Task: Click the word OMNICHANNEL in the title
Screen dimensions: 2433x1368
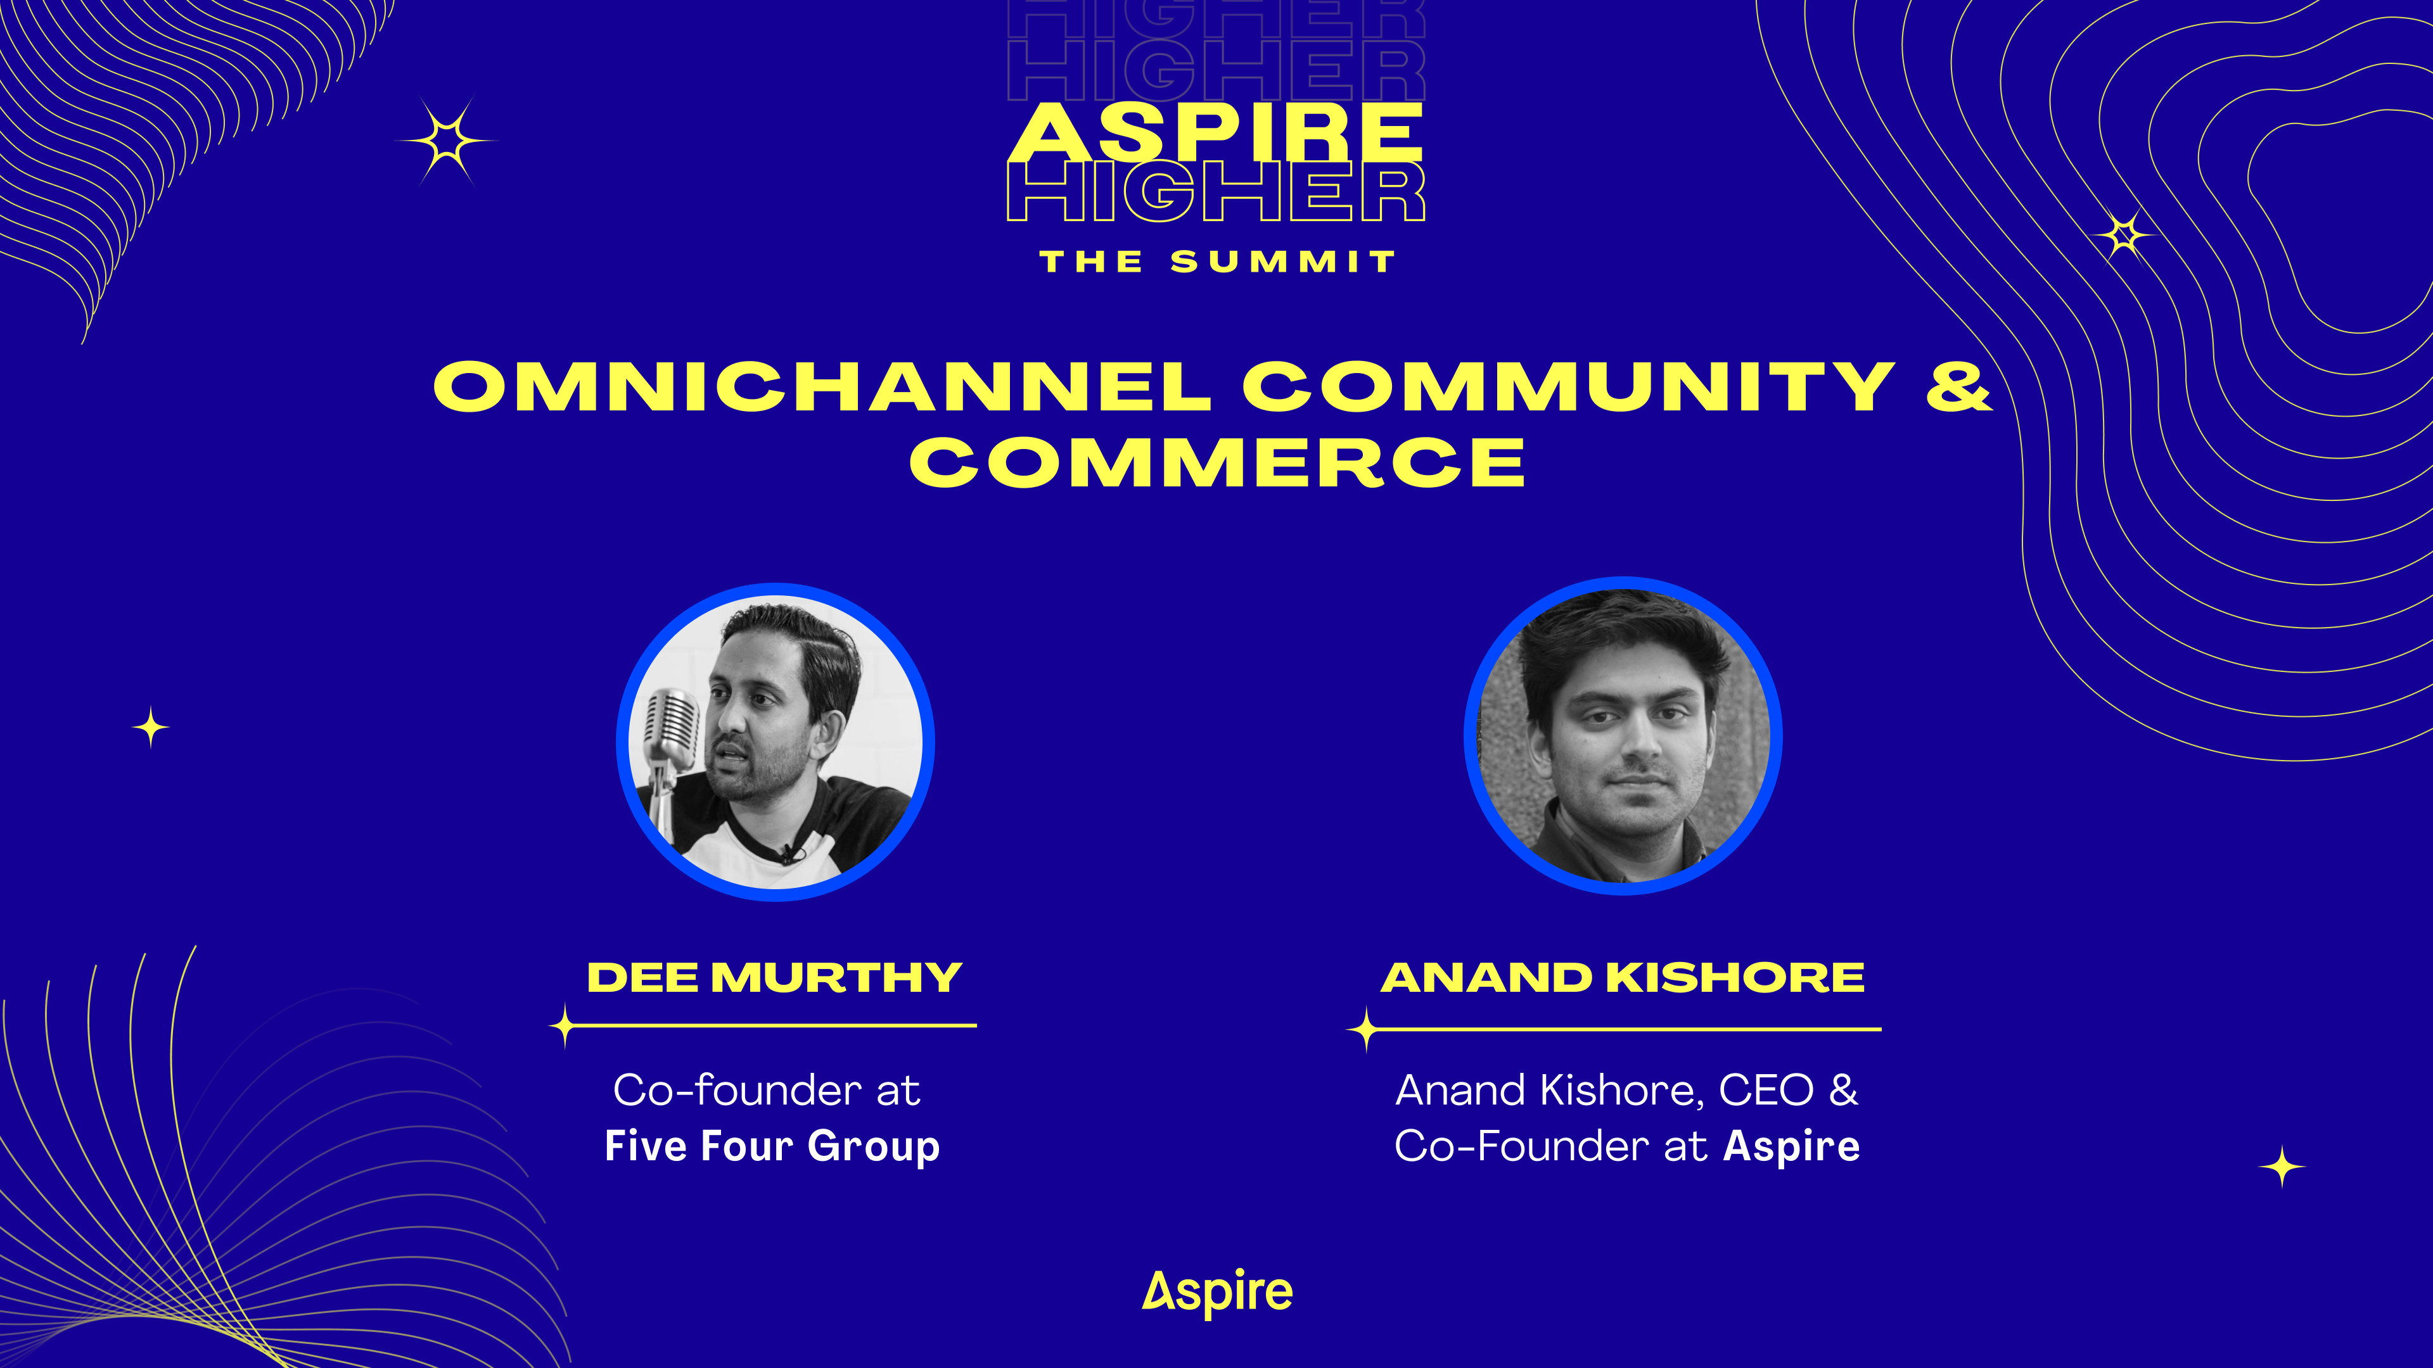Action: coord(822,386)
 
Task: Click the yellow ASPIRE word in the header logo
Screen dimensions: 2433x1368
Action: coord(1216,132)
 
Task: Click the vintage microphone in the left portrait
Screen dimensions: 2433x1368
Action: coord(670,746)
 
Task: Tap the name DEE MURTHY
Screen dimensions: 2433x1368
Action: coord(774,977)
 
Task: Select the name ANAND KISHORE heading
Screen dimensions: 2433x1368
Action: coord(1623,977)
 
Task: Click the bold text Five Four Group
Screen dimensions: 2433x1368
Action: coord(772,1146)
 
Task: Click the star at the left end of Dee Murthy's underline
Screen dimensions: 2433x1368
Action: coord(565,1026)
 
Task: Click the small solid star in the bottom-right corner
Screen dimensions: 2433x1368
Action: coord(2282,1167)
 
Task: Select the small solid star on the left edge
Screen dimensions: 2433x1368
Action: coord(151,727)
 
